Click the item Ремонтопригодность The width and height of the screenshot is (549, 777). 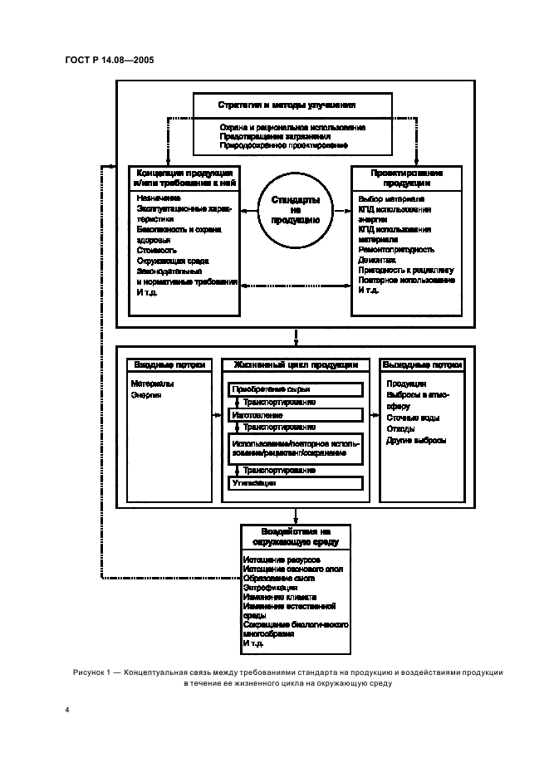click(x=397, y=249)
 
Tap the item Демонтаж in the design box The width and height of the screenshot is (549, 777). click(x=377, y=260)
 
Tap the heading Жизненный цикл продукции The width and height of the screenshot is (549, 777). click(x=296, y=364)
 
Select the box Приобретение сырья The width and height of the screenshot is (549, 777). click(x=296, y=390)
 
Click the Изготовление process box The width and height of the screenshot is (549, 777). click(x=296, y=414)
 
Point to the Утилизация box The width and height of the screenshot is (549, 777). click(x=296, y=482)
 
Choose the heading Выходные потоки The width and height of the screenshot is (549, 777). click(x=422, y=364)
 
